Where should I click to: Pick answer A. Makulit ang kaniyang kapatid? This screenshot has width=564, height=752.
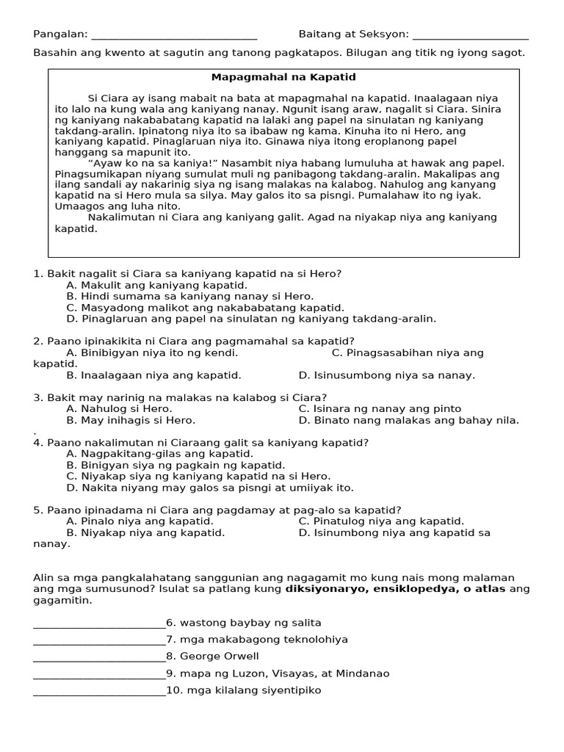(x=156, y=285)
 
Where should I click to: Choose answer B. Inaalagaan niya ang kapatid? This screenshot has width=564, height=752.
(x=153, y=375)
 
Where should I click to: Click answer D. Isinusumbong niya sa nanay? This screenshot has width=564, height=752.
(x=386, y=375)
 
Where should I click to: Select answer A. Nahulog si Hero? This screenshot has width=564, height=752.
(x=119, y=408)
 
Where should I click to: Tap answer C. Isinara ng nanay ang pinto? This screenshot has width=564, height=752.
(x=380, y=408)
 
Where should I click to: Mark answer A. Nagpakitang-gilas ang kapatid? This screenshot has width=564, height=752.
(x=159, y=454)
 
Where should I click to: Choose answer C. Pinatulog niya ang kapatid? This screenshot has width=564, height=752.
(x=381, y=521)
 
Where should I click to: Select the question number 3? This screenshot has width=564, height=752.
(x=37, y=397)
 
